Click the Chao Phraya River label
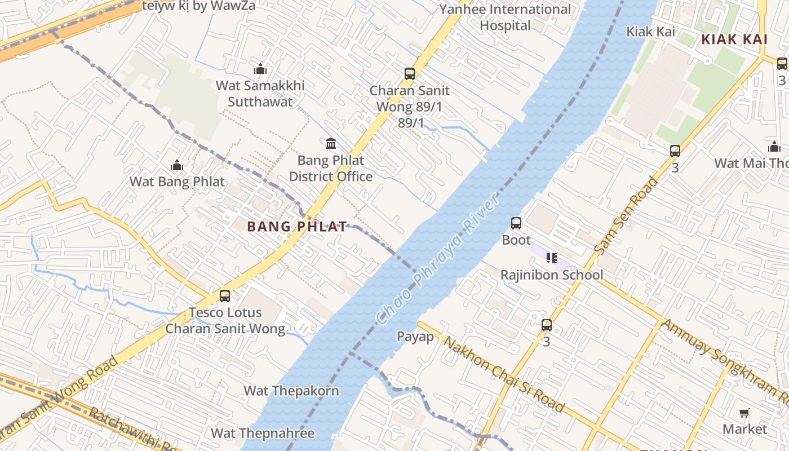(437, 259)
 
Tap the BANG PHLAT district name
(297, 227)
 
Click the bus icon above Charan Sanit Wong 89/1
(410, 74)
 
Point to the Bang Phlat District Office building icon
(331, 144)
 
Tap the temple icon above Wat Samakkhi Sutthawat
(260, 69)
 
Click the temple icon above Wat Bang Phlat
(177, 166)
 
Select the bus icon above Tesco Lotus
(225, 296)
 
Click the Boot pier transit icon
(516, 223)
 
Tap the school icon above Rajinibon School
(552, 258)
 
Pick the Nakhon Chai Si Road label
(503, 374)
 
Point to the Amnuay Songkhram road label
(724, 361)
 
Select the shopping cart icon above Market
(744, 413)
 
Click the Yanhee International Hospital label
(505, 17)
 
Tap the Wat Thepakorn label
(291, 391)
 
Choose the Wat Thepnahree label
(263, 433)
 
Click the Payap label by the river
(415, 337)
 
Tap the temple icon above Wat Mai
(774, 147)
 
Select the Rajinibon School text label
(552, 275)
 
